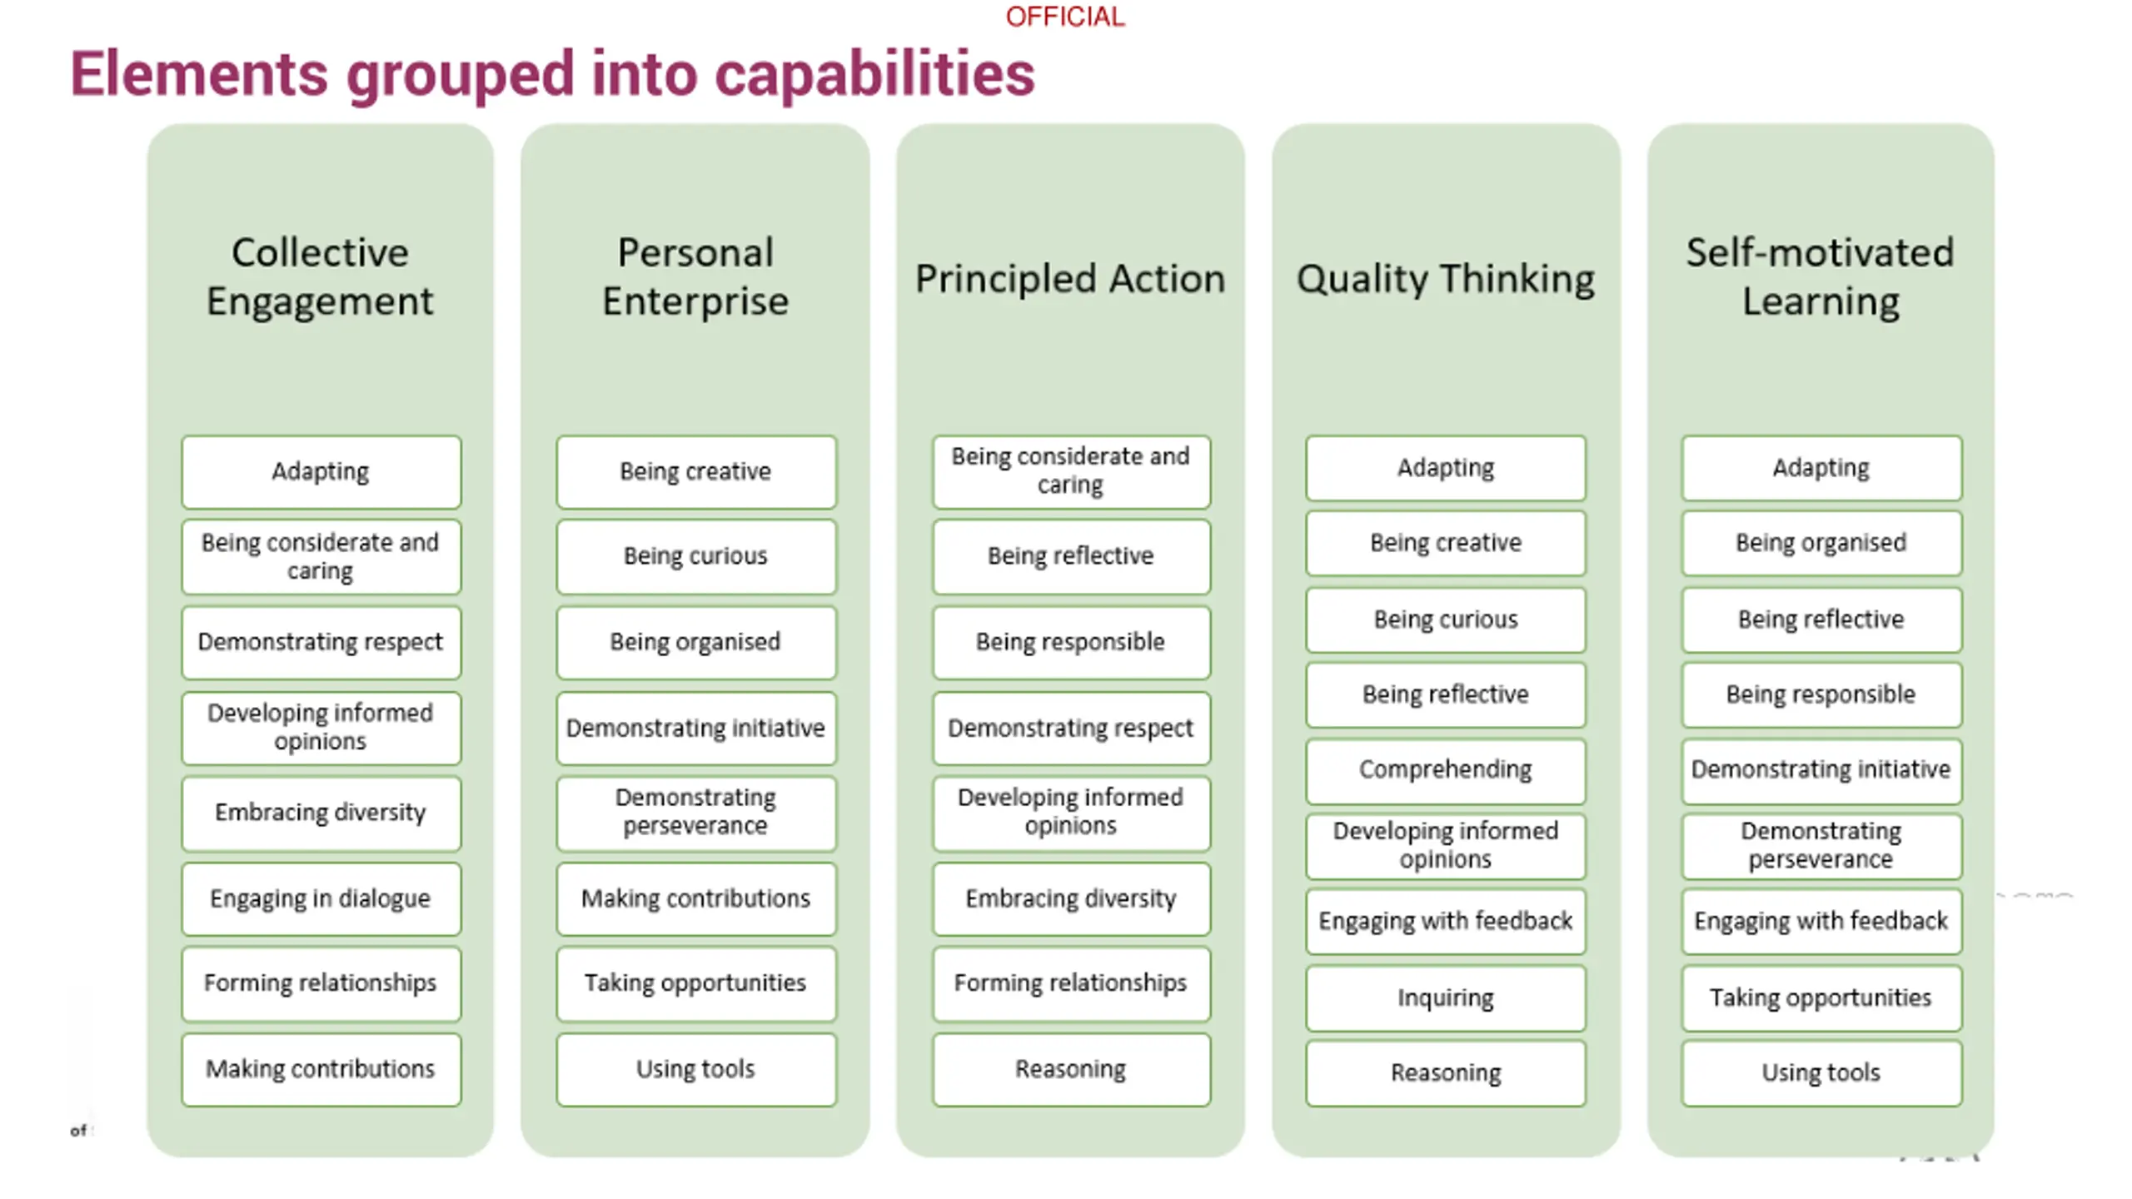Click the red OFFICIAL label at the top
pos(1064,17)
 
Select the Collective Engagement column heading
pos(320,276)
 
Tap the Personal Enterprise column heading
pos(695,276)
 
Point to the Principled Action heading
pos(1070,278)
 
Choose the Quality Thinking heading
pos(1446,278)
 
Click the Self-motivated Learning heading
pos(1821,276)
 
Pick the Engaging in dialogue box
pos(321,898)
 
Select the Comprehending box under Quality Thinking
pos(1446,769)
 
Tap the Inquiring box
pos(1446,998)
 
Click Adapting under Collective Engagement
pos(321,471)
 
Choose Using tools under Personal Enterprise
pos(695,1069)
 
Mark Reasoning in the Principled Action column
pos(1071,1069)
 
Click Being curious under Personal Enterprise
pos(695,555)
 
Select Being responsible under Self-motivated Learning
pos(1821,694)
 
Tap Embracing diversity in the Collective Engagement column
pos(321,813)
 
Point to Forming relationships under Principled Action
pos(1071,983)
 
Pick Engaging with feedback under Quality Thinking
pos(1446,921)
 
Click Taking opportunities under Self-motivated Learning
pos(1821,998)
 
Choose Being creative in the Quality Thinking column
pos(1446,543)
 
